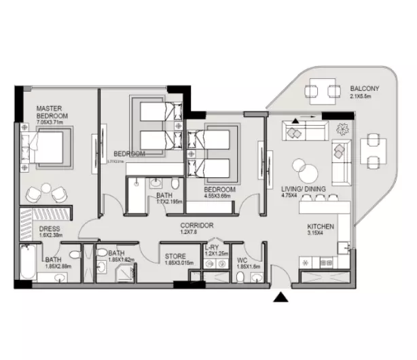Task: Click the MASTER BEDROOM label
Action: tap(50, 112)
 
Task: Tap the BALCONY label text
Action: tap(365, 89)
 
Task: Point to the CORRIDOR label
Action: tap(197, 225)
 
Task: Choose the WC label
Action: tap(242, 259)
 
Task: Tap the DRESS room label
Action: tap(50, 230)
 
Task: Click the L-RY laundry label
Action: tap(211, 249)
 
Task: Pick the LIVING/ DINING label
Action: tap(304, 190)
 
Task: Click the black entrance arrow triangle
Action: tap(280, 297)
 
